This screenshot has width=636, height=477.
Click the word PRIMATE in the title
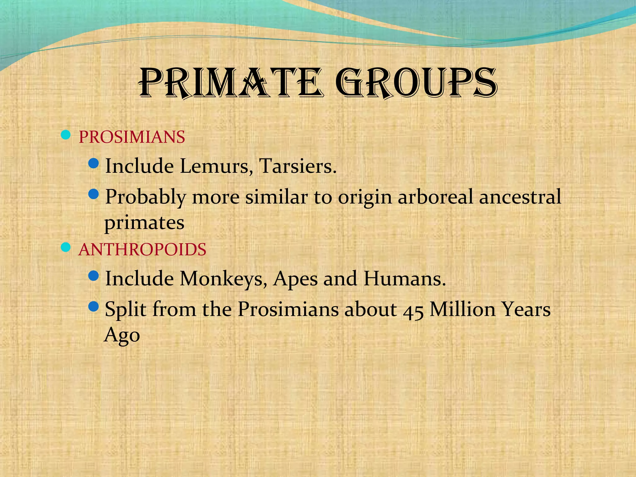231,83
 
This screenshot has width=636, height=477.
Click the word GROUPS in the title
416,83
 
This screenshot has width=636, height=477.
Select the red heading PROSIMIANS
132,137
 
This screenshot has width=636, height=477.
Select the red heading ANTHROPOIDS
142,249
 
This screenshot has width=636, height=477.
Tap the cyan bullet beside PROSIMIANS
66,135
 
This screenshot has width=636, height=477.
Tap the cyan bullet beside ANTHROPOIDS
66,247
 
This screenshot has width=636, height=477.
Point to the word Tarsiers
298,166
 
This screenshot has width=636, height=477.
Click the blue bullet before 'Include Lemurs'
93,163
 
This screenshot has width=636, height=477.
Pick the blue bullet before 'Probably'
93,194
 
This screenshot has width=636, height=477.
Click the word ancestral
520,197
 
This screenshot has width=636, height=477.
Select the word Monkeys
224,279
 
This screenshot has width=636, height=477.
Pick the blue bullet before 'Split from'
93,307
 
